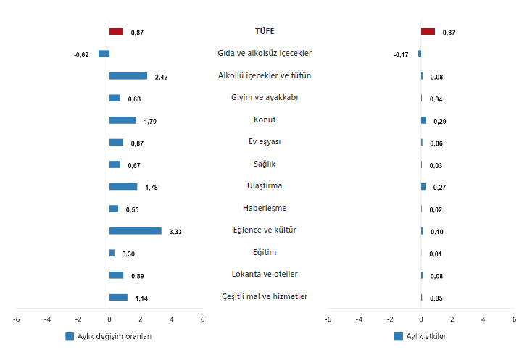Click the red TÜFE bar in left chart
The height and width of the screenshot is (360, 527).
pyautogui.click(x=116, y=32)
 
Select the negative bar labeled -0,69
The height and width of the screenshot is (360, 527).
pyautogui.click(x=104, y=54)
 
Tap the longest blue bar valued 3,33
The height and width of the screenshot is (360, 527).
pyautogui.click(x=136, y=231)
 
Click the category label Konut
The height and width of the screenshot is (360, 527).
pyautogui.click(x=265, y=120)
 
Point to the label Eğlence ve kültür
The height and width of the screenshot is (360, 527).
pyautogui.click(x=265, y=230)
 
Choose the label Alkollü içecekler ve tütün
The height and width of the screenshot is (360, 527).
pyautogui.click(x=265, y=75)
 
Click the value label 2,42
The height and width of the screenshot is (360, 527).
pyautogui.click(x=161, y=77)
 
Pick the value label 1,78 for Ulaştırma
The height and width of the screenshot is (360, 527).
pyautogui.click(x=152, y=188)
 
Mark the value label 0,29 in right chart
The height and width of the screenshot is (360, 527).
pyautogui.click(x=439, y=121)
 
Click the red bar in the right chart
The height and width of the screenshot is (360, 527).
pyautogui.click(x=428, y=32)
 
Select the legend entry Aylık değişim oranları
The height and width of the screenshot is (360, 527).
pyautogui.click(x=108, y=337)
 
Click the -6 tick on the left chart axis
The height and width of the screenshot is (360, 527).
pyautogui.click(x=16, y=319)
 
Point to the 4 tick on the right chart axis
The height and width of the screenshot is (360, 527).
pyautogui.click(x=483, y=319)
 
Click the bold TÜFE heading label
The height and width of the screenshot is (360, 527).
pyautogui.click(x=265, y=31)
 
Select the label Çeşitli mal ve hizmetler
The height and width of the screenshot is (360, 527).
pyautogui.click(x=265, y=296)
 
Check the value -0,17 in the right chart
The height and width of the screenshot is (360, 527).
pyautogui.click(x=401, y=55)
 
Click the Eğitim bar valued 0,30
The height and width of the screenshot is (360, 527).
pyautogui.click(x=112, y=253)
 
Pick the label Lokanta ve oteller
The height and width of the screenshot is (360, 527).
pyautogui.click(x=265, y=274)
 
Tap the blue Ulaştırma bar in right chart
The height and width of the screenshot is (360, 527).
pyautogui.click(x=423, y=187)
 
